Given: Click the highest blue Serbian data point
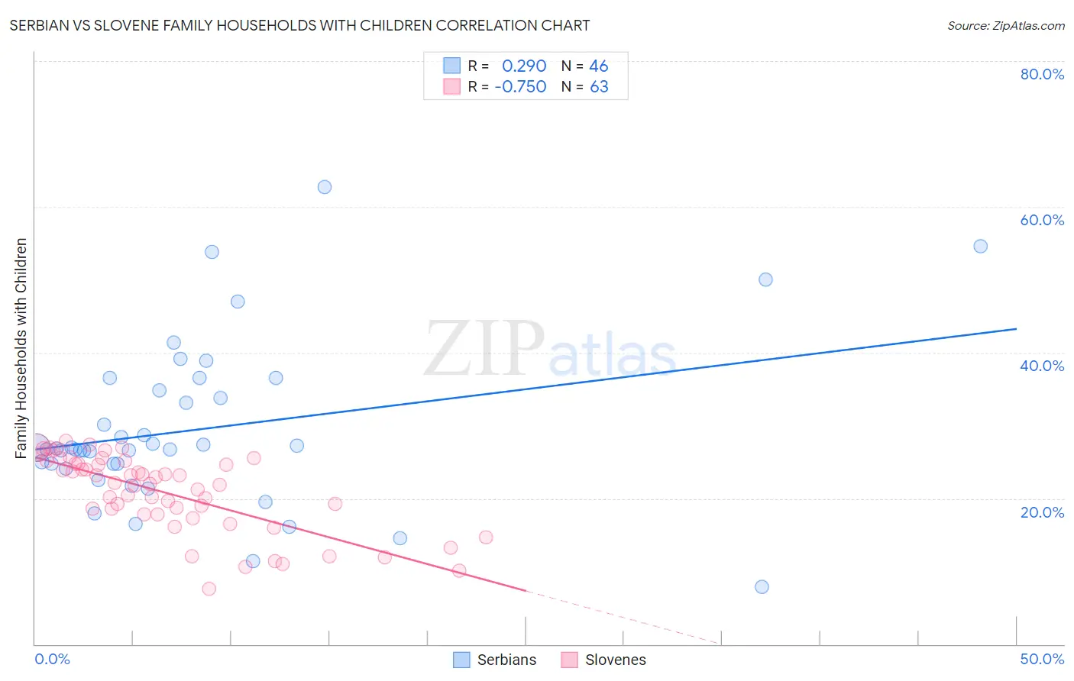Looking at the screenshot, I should (325, 187).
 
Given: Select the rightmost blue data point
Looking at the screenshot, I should (981, 247).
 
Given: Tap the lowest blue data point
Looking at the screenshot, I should (762, 587).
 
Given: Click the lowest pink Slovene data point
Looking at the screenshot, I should (209, 589).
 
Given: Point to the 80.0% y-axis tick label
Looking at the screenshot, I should (1042, 74).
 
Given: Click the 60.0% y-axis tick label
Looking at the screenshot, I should (1042, 220).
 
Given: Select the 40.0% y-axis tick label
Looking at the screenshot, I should (1042, 366).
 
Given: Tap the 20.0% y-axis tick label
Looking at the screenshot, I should (1042, 512).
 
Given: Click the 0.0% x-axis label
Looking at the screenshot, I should (52, 659).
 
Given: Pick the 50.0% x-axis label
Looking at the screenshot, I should (1042, 659).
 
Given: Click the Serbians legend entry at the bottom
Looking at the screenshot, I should (495, 660).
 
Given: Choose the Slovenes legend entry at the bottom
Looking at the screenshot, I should (603, 660).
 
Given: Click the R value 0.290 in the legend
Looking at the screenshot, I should (524, 66).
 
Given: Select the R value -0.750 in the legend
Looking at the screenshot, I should (520, 87).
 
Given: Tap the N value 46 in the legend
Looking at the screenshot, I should (599, 66).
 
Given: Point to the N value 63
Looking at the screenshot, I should (599, 87).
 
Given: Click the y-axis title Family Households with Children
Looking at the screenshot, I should (21, 348).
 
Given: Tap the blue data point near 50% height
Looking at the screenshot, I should (765, 279).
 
